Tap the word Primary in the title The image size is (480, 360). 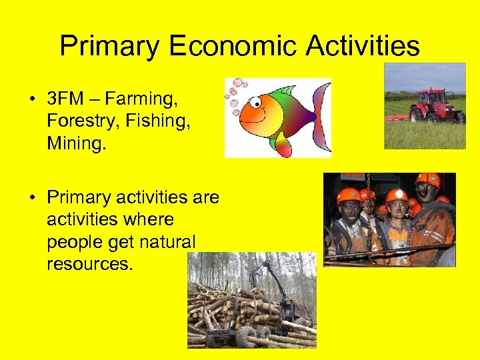109,46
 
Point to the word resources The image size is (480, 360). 90,263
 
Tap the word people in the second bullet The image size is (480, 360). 71,241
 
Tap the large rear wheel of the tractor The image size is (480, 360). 418,114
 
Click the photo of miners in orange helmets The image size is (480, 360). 389,219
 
